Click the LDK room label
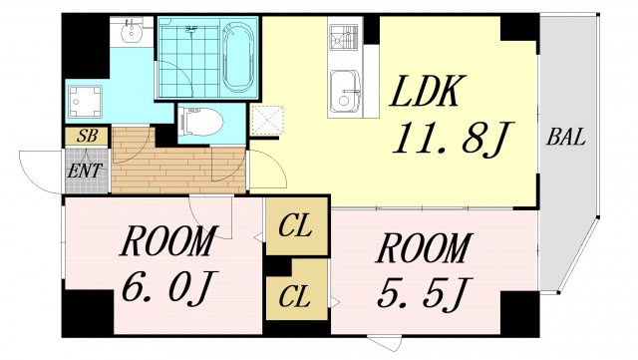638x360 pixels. coord(428,91)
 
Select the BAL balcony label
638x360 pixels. coord(566,137)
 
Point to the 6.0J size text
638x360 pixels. coord(167,286)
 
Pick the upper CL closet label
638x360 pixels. coord(295,226)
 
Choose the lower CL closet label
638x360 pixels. coord(295,297)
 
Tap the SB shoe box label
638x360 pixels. coord(87,136)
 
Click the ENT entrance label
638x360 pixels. coord(84,172)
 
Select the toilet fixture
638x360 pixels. coord(201,121)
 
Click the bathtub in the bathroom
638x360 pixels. coord(238,57)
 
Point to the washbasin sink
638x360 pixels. coord(131,31)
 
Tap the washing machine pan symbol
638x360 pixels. coord(85,102)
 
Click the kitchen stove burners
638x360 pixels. coord(344,37)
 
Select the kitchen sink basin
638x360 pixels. coord(345,92)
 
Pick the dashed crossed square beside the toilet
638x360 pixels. coord(267,120)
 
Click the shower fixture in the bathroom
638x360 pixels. coord(191,30)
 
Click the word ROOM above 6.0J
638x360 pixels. coord(166,241)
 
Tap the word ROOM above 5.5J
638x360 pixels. coord(424,248)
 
